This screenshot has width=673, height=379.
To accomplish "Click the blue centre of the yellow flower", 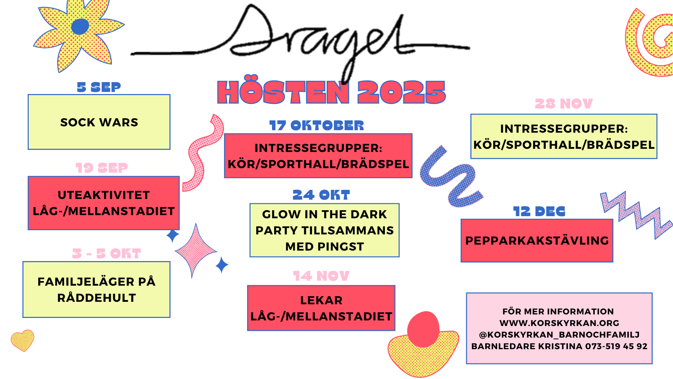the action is point(80,27).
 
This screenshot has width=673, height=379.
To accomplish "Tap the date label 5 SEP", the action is point(99,87).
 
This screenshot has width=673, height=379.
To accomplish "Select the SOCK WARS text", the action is point(99,122).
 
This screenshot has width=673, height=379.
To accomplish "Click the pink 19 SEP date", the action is point(102,168).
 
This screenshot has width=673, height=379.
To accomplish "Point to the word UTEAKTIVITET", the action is point(104,195).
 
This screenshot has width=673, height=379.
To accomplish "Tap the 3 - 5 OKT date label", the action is point(107,253).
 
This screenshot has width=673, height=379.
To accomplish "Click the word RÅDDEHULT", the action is point(96,298).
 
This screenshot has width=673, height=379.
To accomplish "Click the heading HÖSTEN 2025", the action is point(331,92).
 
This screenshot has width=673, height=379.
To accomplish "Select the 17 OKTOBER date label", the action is point(317,126).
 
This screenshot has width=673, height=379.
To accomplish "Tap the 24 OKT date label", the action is point(321,195).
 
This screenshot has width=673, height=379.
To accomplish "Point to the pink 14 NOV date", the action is point(321,276).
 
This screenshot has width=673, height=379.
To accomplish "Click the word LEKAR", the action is point(321,300).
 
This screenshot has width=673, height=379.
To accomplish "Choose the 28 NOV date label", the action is point(564,104).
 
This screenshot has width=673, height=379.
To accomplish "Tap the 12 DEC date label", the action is point(539,212).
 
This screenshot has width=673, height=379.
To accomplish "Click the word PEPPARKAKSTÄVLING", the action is point(537,240).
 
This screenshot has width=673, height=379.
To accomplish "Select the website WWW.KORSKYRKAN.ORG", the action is point(559,323).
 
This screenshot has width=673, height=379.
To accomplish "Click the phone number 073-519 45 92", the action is point(616,346).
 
